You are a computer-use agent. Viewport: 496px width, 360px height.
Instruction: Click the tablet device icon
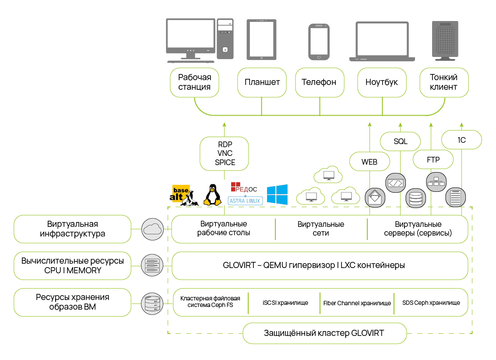[261, 39]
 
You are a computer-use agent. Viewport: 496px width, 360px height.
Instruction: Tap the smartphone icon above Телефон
[319, 42]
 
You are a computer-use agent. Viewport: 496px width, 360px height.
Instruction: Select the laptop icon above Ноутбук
[381, 40]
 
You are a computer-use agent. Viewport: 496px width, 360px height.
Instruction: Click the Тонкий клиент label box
[443, 82]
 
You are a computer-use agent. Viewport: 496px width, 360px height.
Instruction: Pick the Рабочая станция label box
[194, 82]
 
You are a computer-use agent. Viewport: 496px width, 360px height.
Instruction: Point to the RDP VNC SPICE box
[225, 153]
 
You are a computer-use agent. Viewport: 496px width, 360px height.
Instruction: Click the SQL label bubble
[400, 141]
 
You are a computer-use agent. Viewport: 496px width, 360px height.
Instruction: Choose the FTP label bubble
[433, 160]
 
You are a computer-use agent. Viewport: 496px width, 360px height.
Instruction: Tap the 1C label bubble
[461, 140]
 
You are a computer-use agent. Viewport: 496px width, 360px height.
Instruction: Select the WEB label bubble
[369, 162]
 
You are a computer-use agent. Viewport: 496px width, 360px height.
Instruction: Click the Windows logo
[277, 194]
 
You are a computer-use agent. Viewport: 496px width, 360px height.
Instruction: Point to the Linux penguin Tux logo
[212, 195]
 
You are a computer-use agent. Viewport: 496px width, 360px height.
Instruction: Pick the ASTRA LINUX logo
[245, 201]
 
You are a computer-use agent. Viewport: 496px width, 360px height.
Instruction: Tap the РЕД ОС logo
[244, 188]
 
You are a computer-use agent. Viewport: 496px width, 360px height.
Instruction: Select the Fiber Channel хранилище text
[357, 303]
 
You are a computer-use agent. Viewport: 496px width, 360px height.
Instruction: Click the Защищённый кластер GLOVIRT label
[324, 333]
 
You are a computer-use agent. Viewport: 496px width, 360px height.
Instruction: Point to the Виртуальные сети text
[321, 229]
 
